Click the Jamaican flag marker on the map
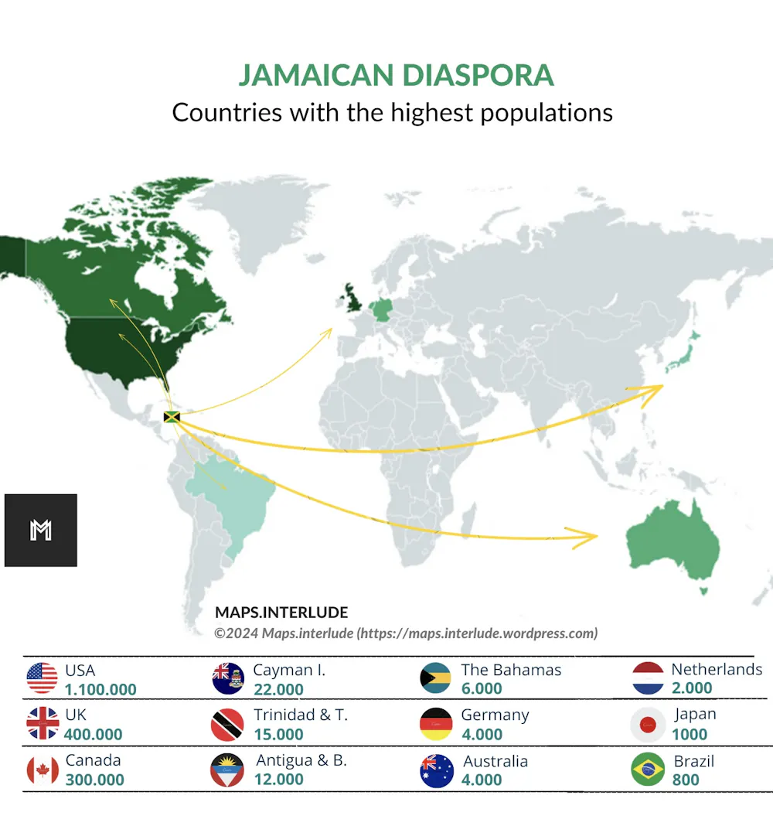[172, 418]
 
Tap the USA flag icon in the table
[42, 678]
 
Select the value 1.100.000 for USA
[100, 690]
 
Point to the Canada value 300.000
[94, 780]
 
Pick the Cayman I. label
[289, 670]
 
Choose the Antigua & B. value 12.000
[279, 780]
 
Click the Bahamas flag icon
[435, 678]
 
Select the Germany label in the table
[495, 715]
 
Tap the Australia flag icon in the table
[437, 770]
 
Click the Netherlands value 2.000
[692, 688]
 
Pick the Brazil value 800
[686, 780]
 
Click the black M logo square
[41, 531]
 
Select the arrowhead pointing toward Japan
[654, 389]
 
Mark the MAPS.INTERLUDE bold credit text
[281, 613]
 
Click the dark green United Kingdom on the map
[354, 296]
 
